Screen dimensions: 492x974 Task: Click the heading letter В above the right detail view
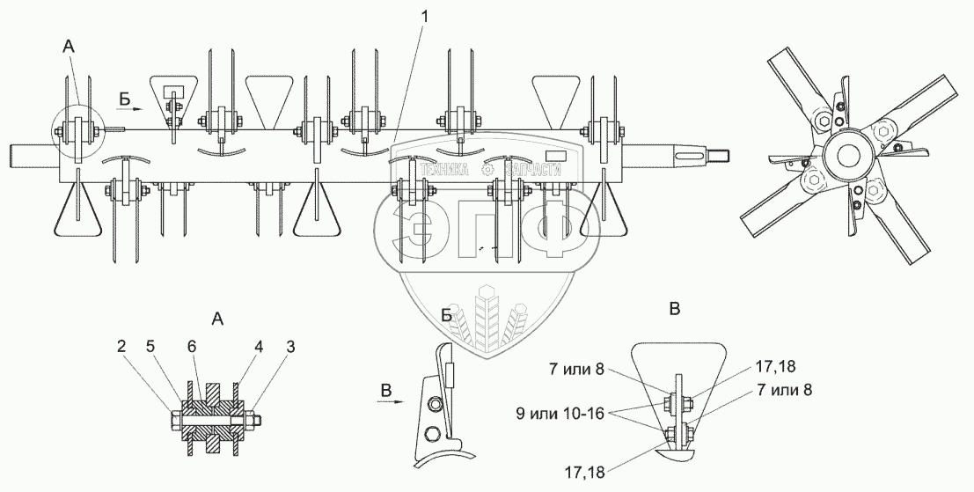(674, 309)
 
